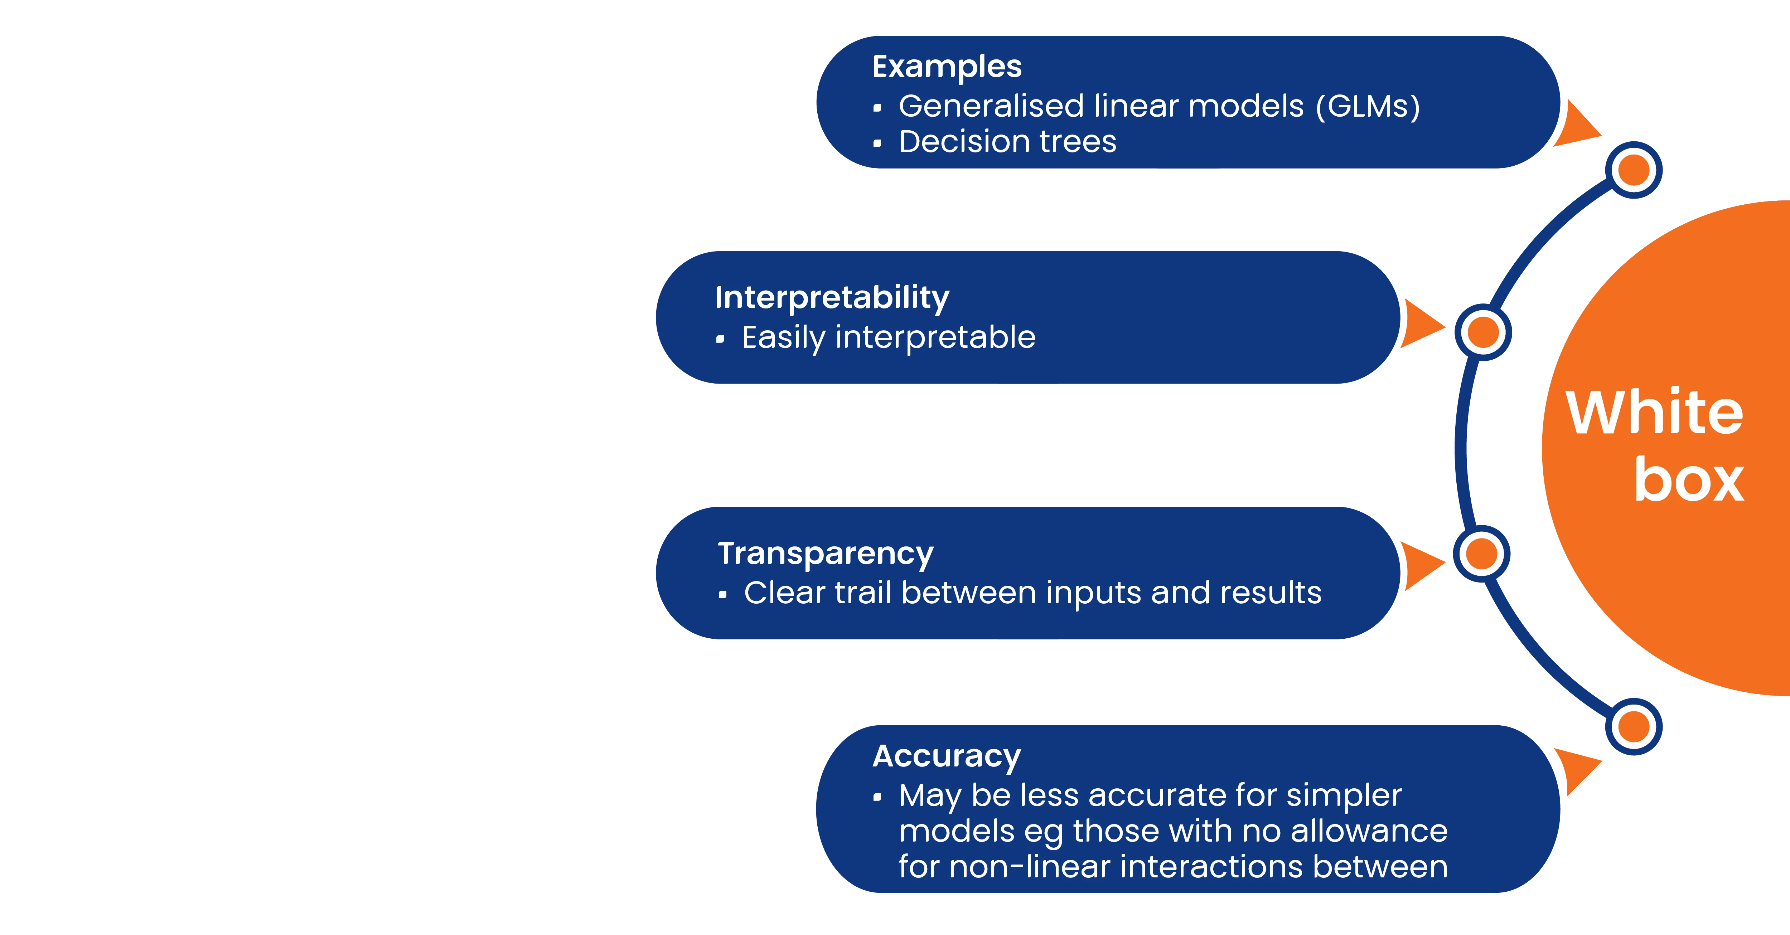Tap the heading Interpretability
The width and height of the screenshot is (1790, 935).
click(x=832, y=298)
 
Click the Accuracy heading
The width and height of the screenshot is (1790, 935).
click(x=947, y=756)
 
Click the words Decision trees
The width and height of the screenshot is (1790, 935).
click(x=1007, y=142)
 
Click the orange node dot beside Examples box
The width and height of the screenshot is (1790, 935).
click(x=1634, y=170)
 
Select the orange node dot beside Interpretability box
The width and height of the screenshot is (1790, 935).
click(x=1484, y=332)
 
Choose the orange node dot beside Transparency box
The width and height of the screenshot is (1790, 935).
click(x=1481, y=554)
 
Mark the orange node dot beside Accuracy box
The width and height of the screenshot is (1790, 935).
click(x=1634, y=727)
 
